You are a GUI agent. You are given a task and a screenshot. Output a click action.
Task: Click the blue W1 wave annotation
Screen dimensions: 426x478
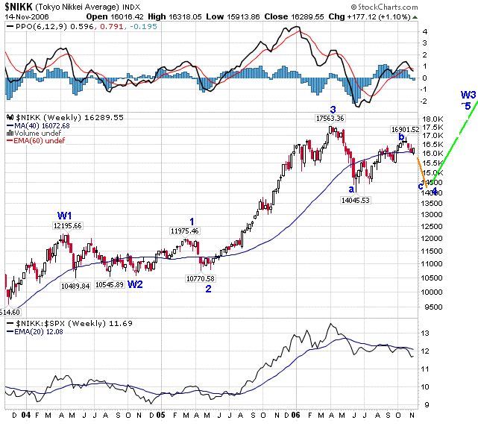click(x=65, y=216)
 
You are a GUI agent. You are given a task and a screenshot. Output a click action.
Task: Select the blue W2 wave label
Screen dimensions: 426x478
click(x=135, y=284)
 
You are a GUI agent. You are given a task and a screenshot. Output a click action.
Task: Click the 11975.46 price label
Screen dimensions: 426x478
click(x=184, y=231)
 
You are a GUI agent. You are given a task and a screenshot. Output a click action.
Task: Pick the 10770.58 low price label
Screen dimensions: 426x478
click(x=201, y=278)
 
